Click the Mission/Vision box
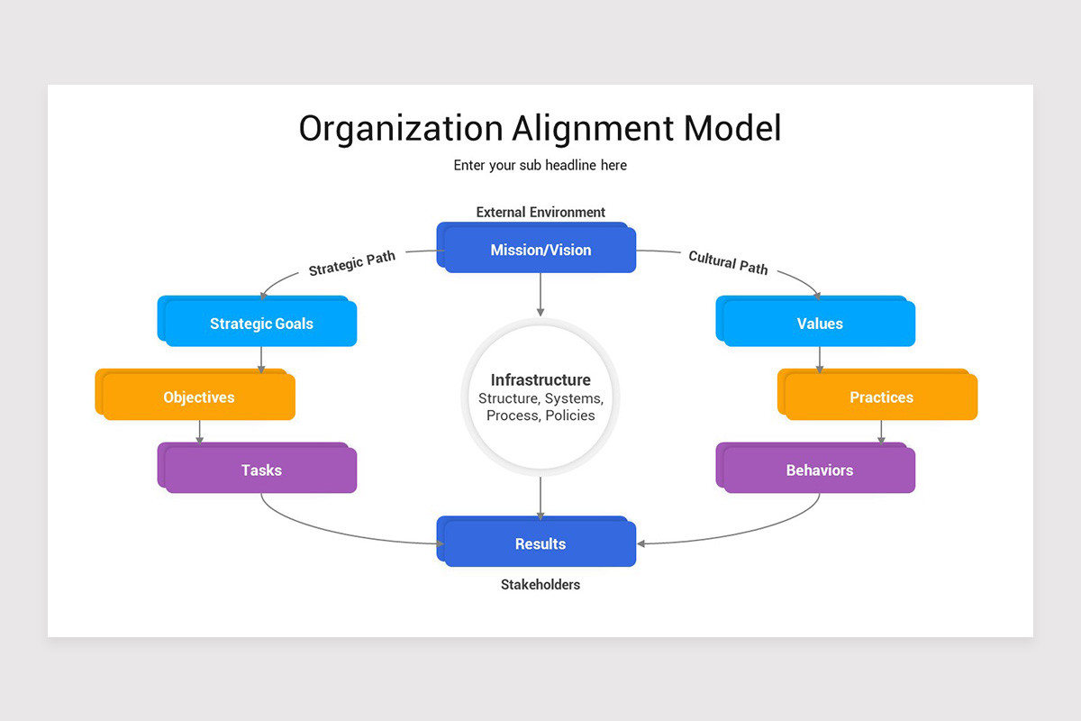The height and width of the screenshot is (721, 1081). (540, 250)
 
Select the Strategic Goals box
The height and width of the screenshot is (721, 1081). (261, 324)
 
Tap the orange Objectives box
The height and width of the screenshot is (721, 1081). (199, 397)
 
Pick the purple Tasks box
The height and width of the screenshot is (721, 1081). (261, 470)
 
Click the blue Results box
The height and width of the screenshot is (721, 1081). (540, 543)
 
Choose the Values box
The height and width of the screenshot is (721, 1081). (820, 324)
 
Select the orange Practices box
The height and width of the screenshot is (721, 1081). (881, 397)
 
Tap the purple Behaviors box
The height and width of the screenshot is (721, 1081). (820, 470)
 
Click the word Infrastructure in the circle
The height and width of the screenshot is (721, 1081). (540, 379)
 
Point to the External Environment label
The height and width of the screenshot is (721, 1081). (540, 213)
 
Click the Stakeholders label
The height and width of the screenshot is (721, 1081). (540, 585)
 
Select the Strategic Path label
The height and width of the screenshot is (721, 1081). (351, 264)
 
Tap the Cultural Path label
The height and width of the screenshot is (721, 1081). (728, 262)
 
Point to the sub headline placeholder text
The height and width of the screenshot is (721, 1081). (540, 165)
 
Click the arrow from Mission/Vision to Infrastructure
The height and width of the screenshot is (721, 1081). (540, 294)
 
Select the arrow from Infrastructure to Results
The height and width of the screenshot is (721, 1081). (540, 497)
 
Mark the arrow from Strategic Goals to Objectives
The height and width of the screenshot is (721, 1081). (261, 359)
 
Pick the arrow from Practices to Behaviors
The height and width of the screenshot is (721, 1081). (881, 432)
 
